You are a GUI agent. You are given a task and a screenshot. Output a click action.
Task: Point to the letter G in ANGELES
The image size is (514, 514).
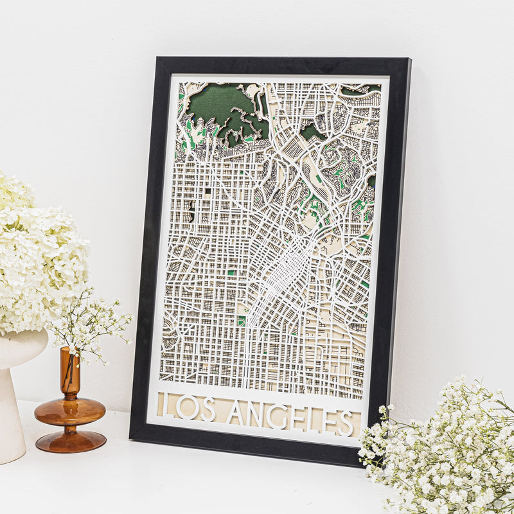click(x=278, y=415)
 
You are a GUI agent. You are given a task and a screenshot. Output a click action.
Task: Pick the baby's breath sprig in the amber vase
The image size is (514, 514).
click(x=90, y=321)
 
